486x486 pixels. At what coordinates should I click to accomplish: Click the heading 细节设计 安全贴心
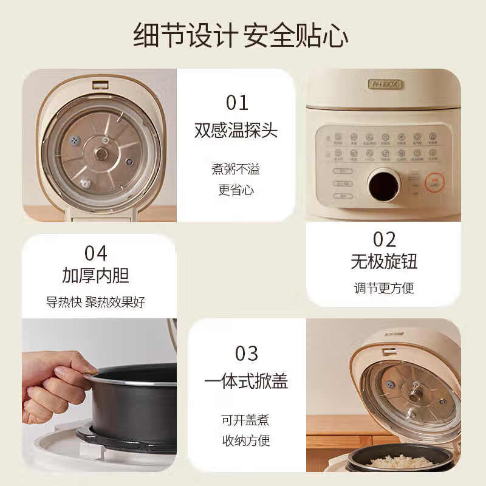click(x=241, y=35)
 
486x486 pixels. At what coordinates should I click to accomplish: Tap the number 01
click(x=237, y=103)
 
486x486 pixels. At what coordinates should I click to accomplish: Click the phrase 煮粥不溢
click(x=236, y=169)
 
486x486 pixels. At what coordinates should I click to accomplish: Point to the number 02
click(x=384, y=239)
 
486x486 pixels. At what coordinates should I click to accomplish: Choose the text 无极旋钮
click(x=384, y=262)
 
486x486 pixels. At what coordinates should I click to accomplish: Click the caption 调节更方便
click(x=384, y=288)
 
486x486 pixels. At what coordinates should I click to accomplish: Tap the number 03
click(x=247, y=353)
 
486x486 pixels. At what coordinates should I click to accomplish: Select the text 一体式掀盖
click(x=246, y=382)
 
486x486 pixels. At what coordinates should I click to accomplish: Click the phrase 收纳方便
click(x=245, y=440)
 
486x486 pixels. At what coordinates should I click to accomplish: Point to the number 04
click(x=95, y=253)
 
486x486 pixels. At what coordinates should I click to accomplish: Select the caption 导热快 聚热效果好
click(x=96, y=302)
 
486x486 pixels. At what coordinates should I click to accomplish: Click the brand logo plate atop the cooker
click(x=385, y=84)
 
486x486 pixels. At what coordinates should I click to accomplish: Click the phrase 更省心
click(x=236, y=190)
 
